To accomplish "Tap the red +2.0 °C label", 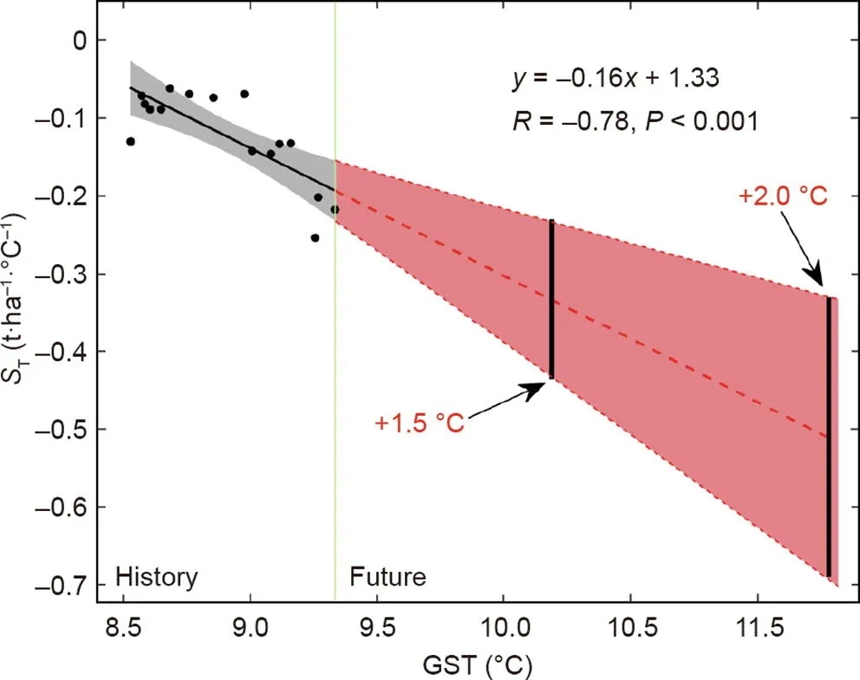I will click(784, 196).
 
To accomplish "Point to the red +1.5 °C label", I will click(420, 424).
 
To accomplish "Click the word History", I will click(157, 577).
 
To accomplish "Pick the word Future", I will click(388, 577).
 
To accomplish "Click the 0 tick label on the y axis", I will click(80, 41).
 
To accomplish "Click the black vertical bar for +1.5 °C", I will click(551, 299).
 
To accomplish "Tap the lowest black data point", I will click(315, 237).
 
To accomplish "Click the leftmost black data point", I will click(131, 141).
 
